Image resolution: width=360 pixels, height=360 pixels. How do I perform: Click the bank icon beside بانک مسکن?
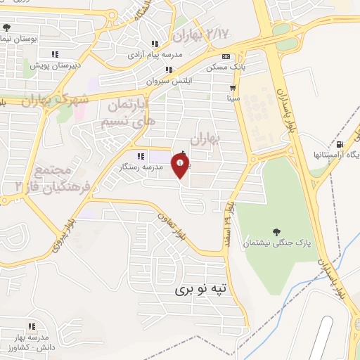pyautogui.click(x=225, y=57)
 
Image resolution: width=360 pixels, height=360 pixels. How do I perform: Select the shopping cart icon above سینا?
pyautogui.click(x=233, y=88)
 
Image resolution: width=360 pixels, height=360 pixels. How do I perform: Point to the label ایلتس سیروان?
pyautogui.click(x=169, y=81)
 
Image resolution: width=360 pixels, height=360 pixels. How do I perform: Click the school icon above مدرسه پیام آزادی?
pyautogui.click(x=155, y=44)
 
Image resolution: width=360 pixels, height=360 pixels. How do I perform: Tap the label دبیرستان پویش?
pyautogui.click(x=55, y=65)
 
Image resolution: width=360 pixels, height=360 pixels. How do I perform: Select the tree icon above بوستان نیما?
pyautogui.click(x=6, y=28)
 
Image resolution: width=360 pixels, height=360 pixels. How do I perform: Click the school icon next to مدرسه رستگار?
pyautogui.click(x=141, y=156)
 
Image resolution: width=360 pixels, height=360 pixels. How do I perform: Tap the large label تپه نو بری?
pyautogui.click(x=202, y=289)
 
